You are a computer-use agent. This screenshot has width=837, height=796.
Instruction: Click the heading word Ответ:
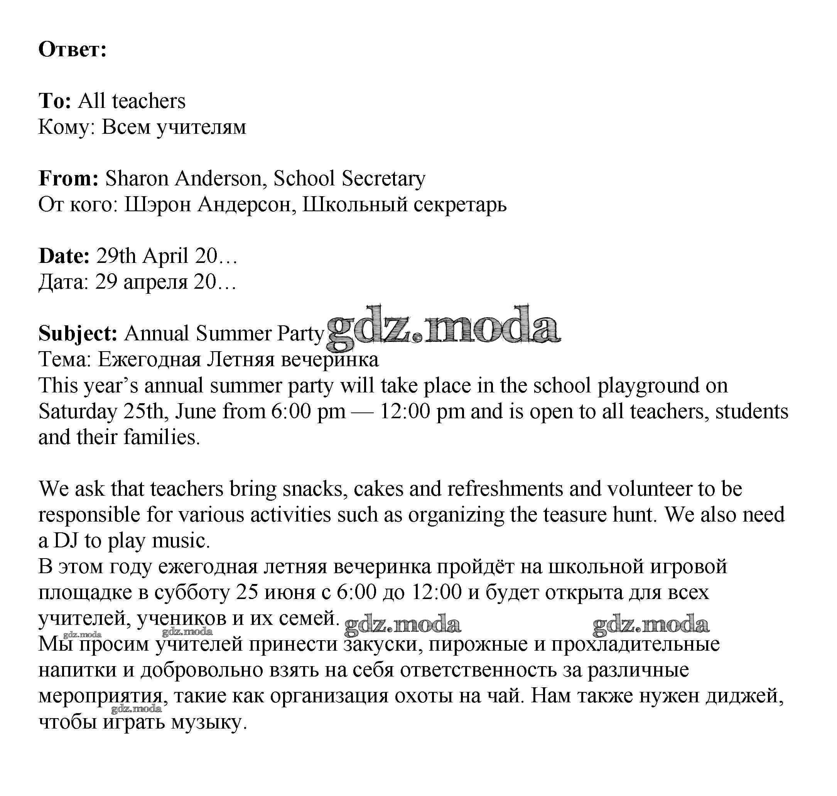pos(72,50)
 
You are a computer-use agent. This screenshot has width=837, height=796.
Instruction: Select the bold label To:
pos(55,101)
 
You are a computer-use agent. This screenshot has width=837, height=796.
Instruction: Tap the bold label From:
pos(68,178)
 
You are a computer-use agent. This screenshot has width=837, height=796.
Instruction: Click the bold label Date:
pos(64,256)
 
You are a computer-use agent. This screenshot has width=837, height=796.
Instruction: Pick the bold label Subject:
pos(78,333)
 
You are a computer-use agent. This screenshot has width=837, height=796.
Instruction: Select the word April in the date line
pos(165,256)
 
